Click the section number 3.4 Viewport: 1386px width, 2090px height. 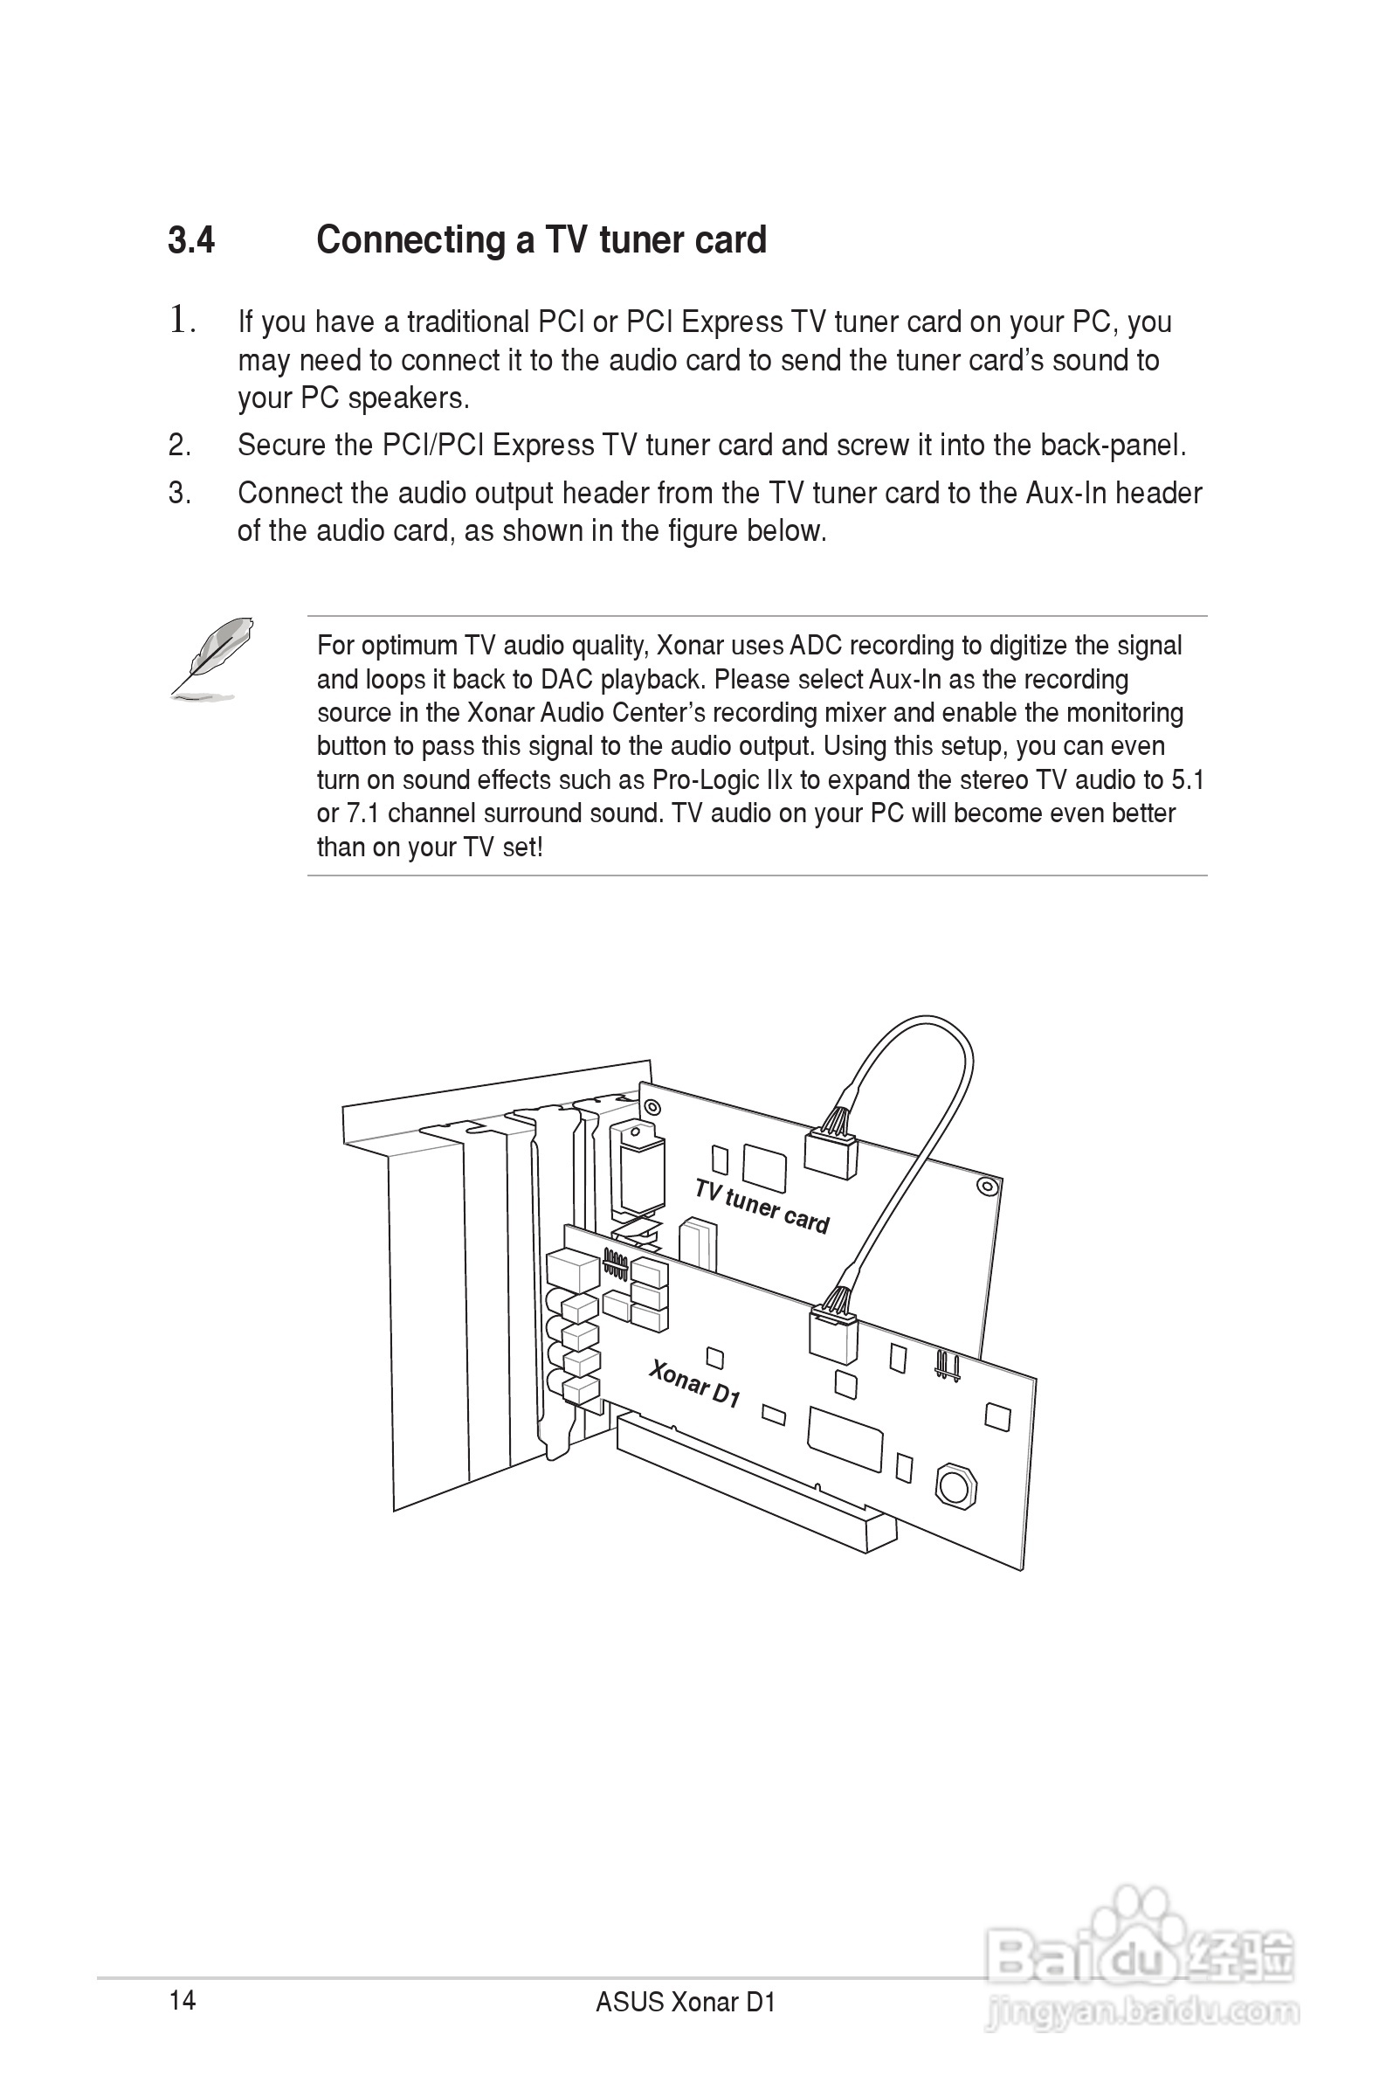click(x=191, y=240)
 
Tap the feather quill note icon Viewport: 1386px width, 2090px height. click(x=213, y=658)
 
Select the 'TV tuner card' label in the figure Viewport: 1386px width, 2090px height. click(x=762, y=1207)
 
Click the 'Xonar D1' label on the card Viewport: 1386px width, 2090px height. click(x=695, y=1384)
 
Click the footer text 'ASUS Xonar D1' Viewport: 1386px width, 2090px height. click(x=685, y=2003)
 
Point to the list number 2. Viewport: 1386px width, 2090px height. click(x=179, y=446)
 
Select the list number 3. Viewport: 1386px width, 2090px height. click(x=179, y=494)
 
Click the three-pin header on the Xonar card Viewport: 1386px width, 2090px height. click(x=947, y=1366)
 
